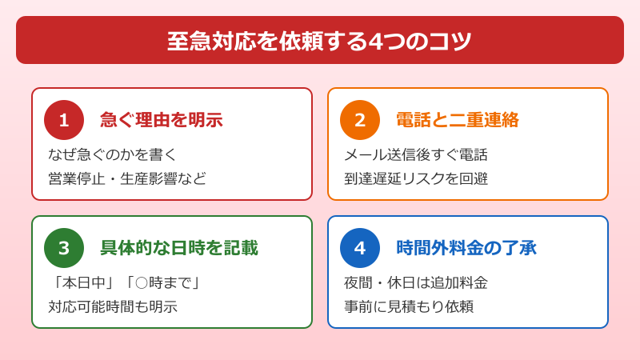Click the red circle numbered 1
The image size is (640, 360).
[x=64, y=120]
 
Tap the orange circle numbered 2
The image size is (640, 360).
[x=360, y=120]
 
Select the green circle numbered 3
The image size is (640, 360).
[x=64, y=248]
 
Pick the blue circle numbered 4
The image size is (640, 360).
[x=360, y=248]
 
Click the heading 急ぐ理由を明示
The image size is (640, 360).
[x=161, y=120]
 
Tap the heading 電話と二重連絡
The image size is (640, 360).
[x=457, y=120]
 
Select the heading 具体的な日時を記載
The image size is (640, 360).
[x=178, y=248]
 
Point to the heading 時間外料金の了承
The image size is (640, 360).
[x=466, y=248]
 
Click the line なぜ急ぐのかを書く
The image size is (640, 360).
[x=112, y=154]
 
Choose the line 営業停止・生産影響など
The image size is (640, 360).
[x=127, y=178]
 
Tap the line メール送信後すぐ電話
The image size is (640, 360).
[x=415, y=154]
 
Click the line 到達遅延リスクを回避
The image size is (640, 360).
[x=415, y=178]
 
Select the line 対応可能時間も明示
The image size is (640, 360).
[x=113, y=306]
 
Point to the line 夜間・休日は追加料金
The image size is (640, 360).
[x=415, y=282]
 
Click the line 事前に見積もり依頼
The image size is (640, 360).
[x=408, y=306]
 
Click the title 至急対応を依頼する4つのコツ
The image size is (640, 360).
[x=319, y=41]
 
